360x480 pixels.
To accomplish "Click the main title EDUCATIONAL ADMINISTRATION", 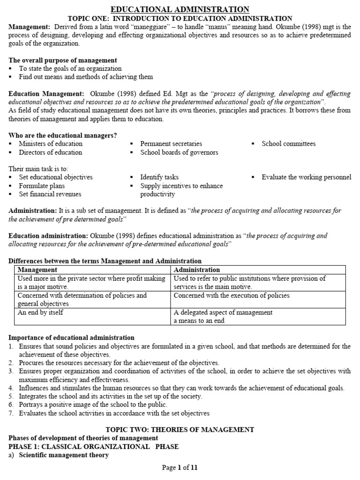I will (180, 9).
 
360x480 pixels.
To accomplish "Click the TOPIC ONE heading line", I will (180, 18).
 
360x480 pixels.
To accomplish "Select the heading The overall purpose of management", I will (63, 60).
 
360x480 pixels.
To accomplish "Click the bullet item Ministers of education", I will (50, 144).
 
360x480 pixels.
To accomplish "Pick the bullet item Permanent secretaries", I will (171, 144).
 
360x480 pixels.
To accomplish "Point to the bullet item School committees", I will (288, 144).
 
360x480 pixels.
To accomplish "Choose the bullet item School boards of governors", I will (179, 152).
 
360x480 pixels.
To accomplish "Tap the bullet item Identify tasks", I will (159, 177).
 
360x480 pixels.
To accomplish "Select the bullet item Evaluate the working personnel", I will (306, 177).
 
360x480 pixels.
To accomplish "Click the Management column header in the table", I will (37, 270).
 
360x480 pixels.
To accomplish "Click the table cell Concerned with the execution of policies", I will (232, 295).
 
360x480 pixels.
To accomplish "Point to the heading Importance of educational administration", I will (71, 337).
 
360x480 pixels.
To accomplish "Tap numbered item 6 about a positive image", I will (93, 405).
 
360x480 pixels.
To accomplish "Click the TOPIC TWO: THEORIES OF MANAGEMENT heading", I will (180, 429).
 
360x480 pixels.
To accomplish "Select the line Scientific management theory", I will (64, 455).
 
